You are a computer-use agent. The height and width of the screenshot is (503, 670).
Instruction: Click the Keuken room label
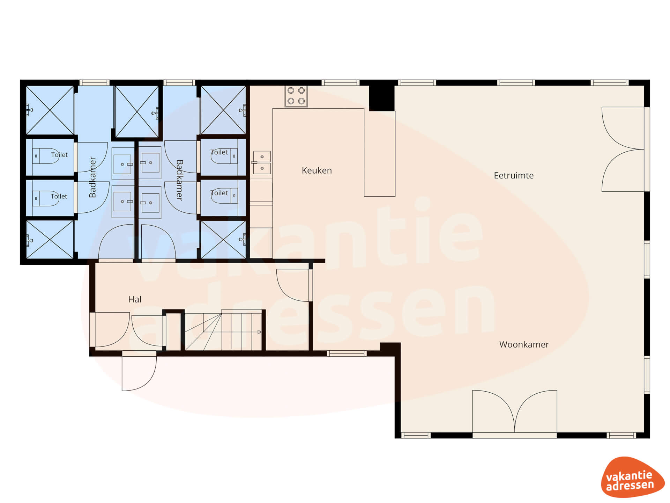click(317, 170)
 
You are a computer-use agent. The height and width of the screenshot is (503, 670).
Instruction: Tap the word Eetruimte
click(514, 175)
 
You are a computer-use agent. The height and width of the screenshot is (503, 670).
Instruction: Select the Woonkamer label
click(524, 344)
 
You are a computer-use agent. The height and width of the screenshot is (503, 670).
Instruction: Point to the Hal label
click(135, 299)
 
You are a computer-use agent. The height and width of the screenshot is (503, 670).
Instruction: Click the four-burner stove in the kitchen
click(296, 96)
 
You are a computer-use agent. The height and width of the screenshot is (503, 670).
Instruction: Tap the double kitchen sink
click(262, 162)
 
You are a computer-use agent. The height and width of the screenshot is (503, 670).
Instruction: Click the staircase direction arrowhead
click(259, 332)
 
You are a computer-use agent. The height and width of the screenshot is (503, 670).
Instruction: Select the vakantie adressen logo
click(632, 477)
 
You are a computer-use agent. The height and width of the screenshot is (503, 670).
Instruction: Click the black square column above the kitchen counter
click(382, 98)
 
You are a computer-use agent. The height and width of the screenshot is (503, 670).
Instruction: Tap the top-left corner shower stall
click(50, 110)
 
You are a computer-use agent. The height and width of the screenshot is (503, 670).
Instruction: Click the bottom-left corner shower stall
click(50, 239)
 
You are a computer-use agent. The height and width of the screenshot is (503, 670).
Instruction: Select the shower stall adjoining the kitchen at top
click(223, 110)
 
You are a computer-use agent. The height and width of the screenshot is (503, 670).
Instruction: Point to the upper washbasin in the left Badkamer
click(123, 163)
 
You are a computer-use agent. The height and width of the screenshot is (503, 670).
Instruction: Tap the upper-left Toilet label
click(59, 155)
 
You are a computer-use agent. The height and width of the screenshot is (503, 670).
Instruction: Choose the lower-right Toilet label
click(219, 193)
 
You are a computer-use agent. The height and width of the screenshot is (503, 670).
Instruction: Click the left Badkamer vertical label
click(92, 177)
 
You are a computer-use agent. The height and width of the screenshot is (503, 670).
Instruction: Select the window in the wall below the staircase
click(347, 354)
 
